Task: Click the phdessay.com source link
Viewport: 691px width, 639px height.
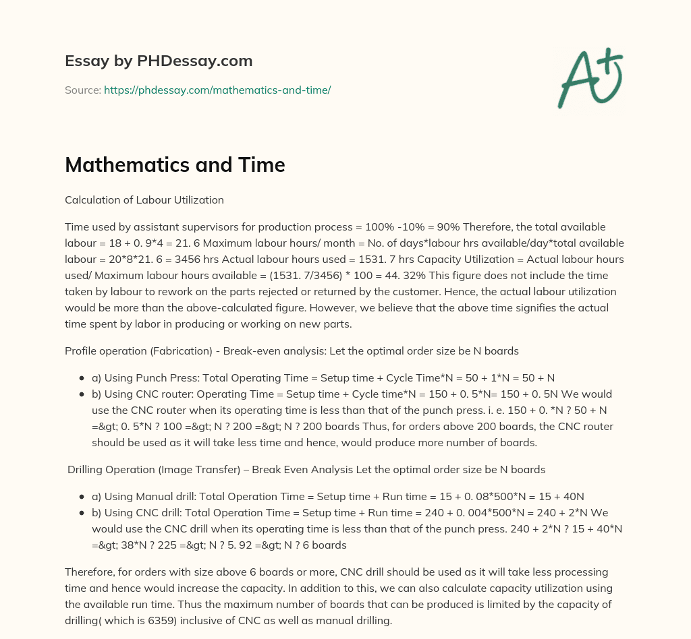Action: tap(217, 90)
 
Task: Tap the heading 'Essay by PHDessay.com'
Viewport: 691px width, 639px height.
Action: tap(159, 61)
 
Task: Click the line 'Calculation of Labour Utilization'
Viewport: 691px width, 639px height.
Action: tap(144, 200)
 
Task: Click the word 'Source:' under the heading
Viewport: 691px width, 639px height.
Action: tap(82, 90)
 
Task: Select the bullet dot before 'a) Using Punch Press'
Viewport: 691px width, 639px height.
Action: tap(82, 377)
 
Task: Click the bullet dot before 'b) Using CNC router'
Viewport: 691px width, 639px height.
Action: tap(82, 394)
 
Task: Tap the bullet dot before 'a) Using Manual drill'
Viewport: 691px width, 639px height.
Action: tap(82, 497)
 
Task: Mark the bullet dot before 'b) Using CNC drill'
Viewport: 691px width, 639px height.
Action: tap(82, 513)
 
